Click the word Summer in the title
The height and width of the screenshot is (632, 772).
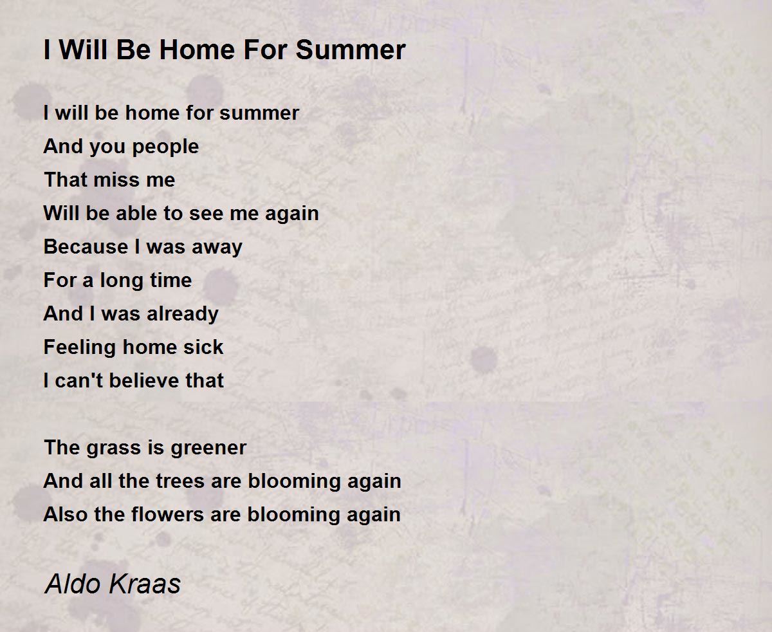tap(351, 50)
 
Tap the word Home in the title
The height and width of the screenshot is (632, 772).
tap(197, 50)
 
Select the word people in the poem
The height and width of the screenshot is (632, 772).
tap(165, 147)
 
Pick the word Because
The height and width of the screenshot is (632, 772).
tap(86, 246)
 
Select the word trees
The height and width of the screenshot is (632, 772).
tap(180, 481)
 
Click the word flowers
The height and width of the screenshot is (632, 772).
tap(167, 514)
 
